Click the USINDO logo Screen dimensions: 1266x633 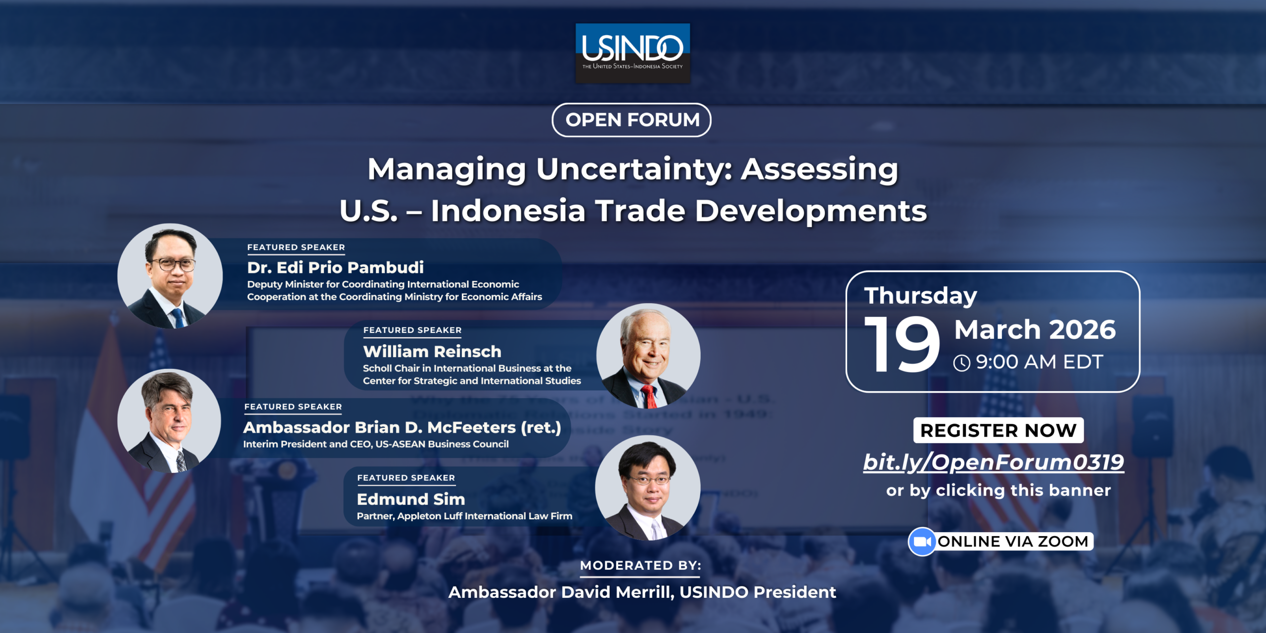click(x=633, y=53)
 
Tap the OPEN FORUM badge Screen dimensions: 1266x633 click(x=632, y=120)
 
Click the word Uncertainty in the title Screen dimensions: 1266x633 click(x=634, y=170)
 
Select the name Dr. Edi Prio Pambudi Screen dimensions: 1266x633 click(x=335, y=268)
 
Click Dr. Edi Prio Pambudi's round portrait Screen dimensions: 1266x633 click(x=170, y=276)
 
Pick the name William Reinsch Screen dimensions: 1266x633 click(x=432, y=352)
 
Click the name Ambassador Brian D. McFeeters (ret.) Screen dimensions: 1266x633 click(x=402, y=427)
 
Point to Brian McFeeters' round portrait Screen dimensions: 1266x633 click(x=169, y=421)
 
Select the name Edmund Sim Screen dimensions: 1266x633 click(x=411, y=499)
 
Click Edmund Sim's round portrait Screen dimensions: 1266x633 click(x=648, y=488)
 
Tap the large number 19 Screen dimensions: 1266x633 click(x=902, y=345)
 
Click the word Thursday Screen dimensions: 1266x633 click(x=921, y=296)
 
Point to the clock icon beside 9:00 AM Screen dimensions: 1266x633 click(x=962, y=363)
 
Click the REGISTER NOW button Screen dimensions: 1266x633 click(x=998, y=430)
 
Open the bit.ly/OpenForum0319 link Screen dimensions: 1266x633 click(x=994, y=462)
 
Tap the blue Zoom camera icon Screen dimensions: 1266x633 click(x=922, y=542)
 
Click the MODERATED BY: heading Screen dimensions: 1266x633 click(x=640, y=565)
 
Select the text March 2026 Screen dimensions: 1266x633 click(x=1035, y=329)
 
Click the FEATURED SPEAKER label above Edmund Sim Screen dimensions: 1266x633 click(x=406, y=478)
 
